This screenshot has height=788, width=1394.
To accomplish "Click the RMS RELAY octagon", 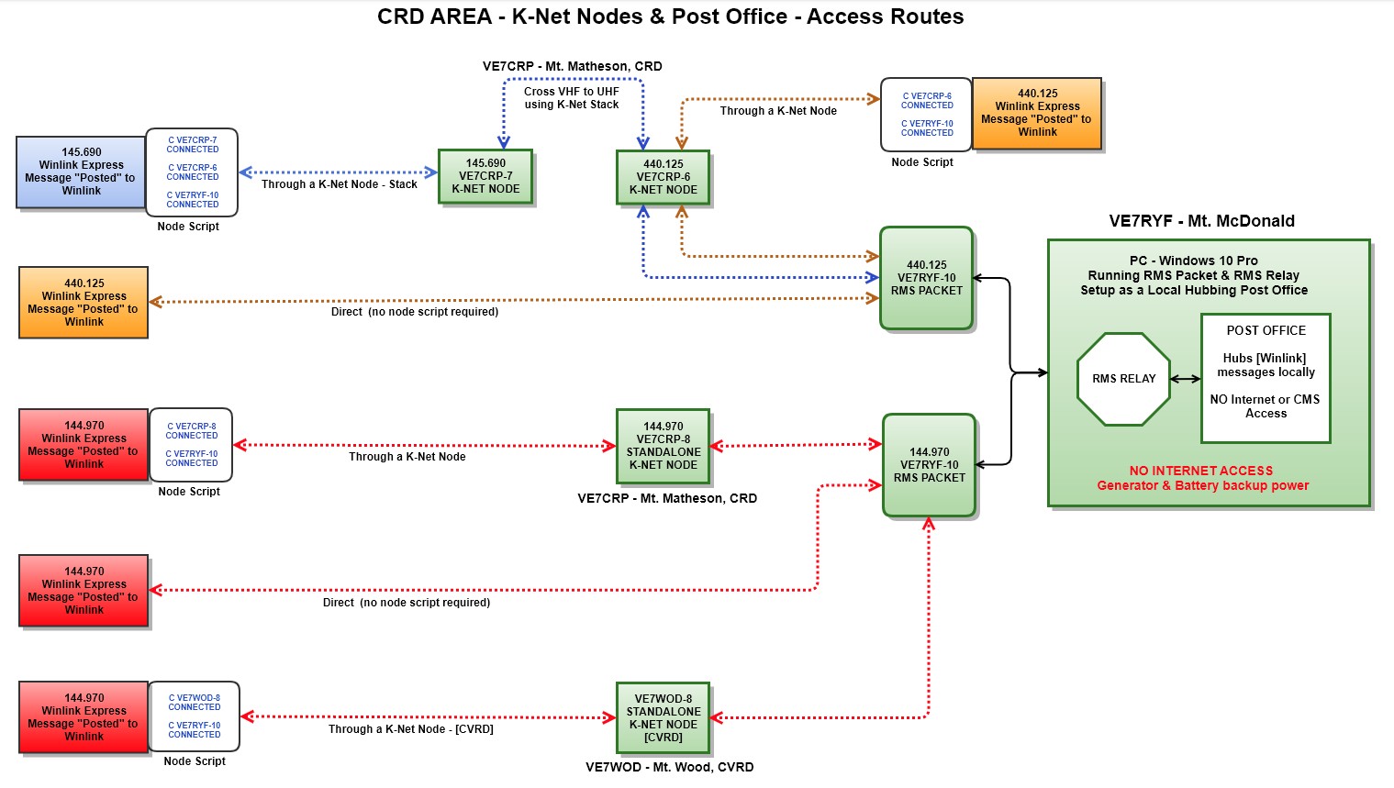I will (1123, 379).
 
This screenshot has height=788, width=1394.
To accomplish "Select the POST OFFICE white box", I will (1266, 378).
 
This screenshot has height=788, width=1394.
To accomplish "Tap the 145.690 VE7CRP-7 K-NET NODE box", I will (485, 177).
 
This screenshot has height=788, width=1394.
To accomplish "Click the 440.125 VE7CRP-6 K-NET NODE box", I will (663, 177).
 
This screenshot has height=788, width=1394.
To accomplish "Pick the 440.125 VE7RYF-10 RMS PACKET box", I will (926, 278).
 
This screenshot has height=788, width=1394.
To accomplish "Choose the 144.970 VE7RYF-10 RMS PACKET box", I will (929, 465).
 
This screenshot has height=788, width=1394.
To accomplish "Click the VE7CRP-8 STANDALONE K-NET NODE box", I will (663, 446).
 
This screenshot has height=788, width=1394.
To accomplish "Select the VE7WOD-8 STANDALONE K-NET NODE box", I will (663, 717).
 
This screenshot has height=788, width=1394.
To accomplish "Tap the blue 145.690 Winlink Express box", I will (81, 172).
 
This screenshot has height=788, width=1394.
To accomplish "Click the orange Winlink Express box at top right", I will (1037, 113).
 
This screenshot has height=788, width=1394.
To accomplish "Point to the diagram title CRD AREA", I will (670, 17).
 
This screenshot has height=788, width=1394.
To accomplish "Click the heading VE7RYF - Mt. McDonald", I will (1201, 221).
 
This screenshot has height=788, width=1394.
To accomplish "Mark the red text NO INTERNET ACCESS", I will (1200, 471).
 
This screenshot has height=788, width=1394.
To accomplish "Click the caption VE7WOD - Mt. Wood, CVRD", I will (669, 767).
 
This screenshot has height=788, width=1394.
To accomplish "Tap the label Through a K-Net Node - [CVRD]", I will (410, 729).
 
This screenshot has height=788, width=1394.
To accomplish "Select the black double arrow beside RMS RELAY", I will (1185, 379).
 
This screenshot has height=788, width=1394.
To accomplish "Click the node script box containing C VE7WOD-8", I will (194, 716).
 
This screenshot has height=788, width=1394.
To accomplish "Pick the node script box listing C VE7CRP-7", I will (192, 172).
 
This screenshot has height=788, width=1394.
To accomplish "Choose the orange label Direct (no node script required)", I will (414, 312).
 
